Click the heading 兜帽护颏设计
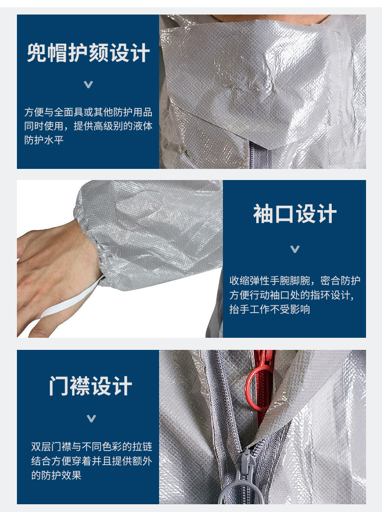pyautogui.click(x=88, y=53)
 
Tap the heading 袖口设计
pyautogui.click(x=294, y=214)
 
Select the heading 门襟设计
pyautogui.click(x=91, y=386)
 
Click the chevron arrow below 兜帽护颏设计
pyautogui.click(x=88, y=85)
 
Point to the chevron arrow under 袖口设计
pyautogui.click(x=295, y=249)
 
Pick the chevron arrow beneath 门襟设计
pyautogui.click(x=91, y=418)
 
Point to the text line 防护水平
pyautogui.click(x=44, y=140)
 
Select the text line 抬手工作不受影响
pyautogui.click(x=270, y=309)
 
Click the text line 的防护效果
pyautogui.click(x=56, y=475)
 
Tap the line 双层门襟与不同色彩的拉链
pyautogui.click(x=92, y=446)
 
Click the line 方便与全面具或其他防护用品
pyautogui.click(x=88, y=112)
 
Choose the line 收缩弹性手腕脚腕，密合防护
pyautogui.click(x=295, y=281)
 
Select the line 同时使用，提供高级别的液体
pyautogui.click(x=88, y=126)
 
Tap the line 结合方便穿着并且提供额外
pyautogui.click(x=92, y=461)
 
